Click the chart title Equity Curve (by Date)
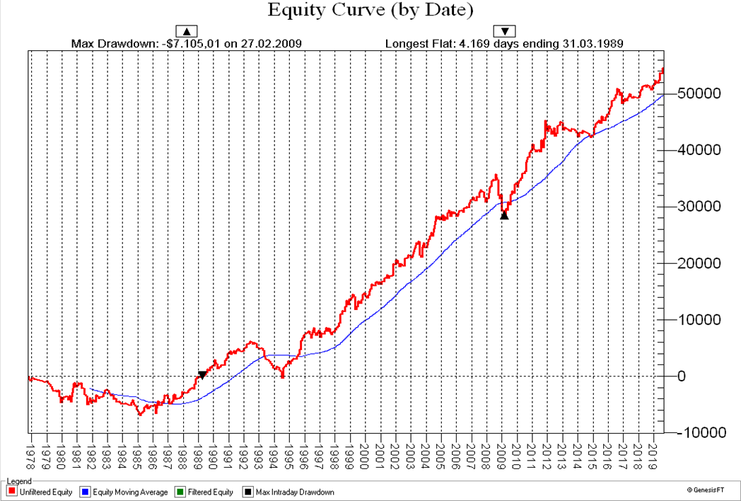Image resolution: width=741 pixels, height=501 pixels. point(370,11)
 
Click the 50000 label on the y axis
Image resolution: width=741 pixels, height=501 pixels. point(699,93)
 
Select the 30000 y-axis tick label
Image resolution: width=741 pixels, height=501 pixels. point(699,207)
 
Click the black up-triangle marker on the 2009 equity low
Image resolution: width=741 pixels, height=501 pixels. point(504,214)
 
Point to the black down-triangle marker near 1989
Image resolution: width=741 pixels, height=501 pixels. point(202,375)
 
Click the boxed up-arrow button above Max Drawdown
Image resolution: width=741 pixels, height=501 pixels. point(187,31)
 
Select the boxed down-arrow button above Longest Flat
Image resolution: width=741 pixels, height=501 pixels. point(505,31)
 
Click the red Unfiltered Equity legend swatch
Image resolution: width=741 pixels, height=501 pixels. point(11,492)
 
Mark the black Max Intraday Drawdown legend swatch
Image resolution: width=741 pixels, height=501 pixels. point(247,492)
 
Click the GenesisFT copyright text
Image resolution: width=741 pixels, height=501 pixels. point(708,490)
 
